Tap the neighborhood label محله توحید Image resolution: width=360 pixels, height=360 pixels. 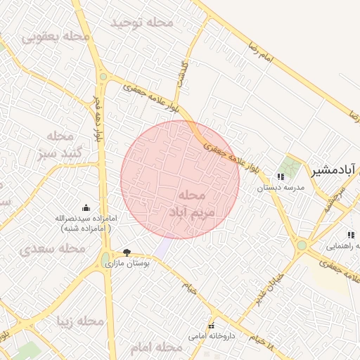141,22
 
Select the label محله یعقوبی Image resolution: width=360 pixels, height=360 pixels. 56,35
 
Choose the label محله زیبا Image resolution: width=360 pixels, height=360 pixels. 80,321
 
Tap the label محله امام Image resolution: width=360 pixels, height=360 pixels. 156,347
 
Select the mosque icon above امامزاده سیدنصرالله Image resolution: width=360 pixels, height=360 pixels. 86,207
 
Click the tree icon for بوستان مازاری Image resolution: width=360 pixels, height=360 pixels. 127,252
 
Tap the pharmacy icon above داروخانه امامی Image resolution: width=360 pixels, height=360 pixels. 211,326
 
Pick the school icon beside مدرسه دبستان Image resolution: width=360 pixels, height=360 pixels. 281,176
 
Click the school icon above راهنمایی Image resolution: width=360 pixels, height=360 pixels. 349,235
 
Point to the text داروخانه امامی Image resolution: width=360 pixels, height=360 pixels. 211,336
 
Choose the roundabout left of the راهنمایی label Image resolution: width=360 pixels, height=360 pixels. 302,245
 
